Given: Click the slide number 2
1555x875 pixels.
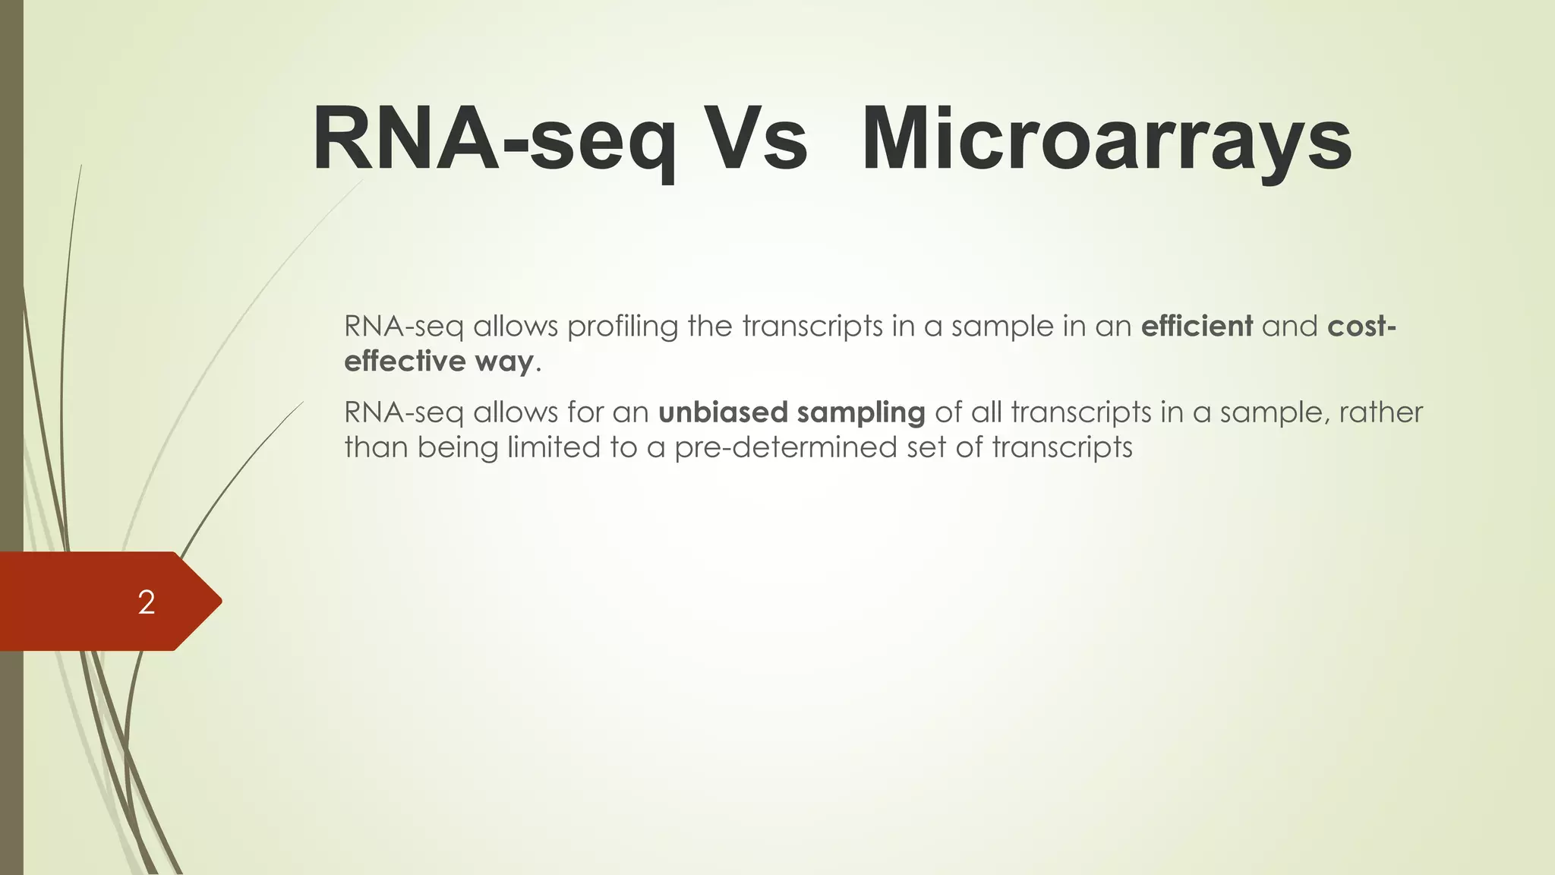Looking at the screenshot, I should (x=147, y=602).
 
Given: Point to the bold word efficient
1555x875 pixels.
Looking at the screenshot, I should (x=1197, y=327).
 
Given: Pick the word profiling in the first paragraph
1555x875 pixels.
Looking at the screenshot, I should (x=623, y=327).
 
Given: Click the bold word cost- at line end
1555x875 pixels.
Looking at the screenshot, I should (x=1361, y=327).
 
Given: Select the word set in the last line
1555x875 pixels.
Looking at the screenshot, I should (x=927, y=447).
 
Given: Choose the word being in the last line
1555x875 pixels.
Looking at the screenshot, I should (x=458, y=448).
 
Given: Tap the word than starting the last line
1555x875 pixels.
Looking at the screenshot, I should (x=376, y=447).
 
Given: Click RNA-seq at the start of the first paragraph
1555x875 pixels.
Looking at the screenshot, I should (x=403, y=327).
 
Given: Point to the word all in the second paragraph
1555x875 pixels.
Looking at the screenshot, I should (x=987, y=412).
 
